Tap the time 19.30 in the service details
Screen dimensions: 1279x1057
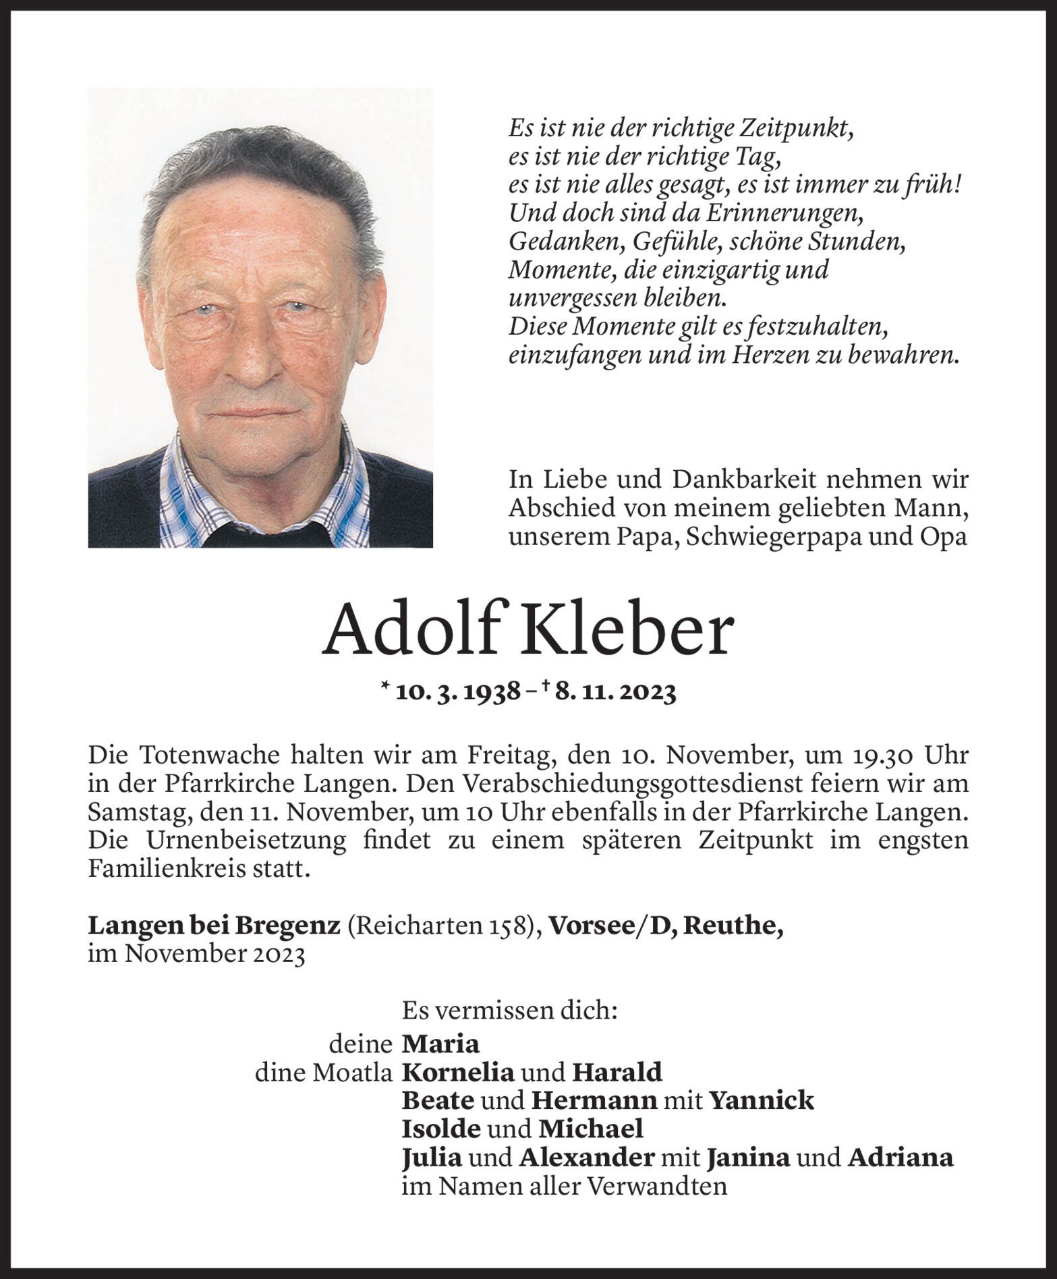884,756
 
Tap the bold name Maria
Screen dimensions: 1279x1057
440,1044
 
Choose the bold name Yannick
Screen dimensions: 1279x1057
761,1101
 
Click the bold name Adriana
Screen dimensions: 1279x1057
901,1158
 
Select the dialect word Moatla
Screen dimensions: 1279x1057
352,1073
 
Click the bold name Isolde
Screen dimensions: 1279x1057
442,1129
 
